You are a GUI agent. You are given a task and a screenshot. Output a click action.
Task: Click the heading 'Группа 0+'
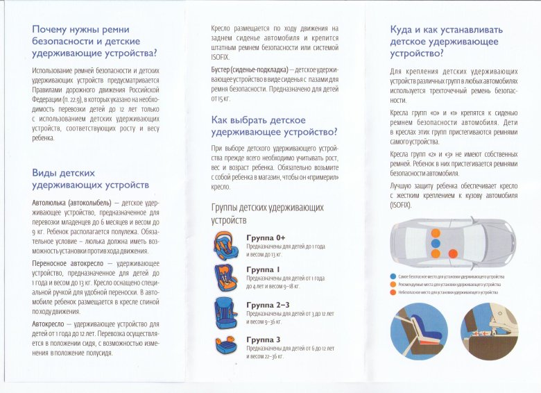pos(266,237)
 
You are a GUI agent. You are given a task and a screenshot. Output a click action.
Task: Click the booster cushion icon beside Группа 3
pos(227,345)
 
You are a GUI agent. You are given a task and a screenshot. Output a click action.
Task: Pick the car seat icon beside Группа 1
pos(227,278)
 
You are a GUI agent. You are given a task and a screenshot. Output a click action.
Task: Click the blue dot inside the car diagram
pos(436,244)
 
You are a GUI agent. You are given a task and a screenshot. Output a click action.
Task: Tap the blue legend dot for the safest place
pos(393,277)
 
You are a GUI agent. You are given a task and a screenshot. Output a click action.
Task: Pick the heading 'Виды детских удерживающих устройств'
pos(90,178)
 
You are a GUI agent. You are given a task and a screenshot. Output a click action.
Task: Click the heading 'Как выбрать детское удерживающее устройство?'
pos(275,126)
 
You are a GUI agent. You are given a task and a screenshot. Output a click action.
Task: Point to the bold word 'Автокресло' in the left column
pos(51,324)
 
